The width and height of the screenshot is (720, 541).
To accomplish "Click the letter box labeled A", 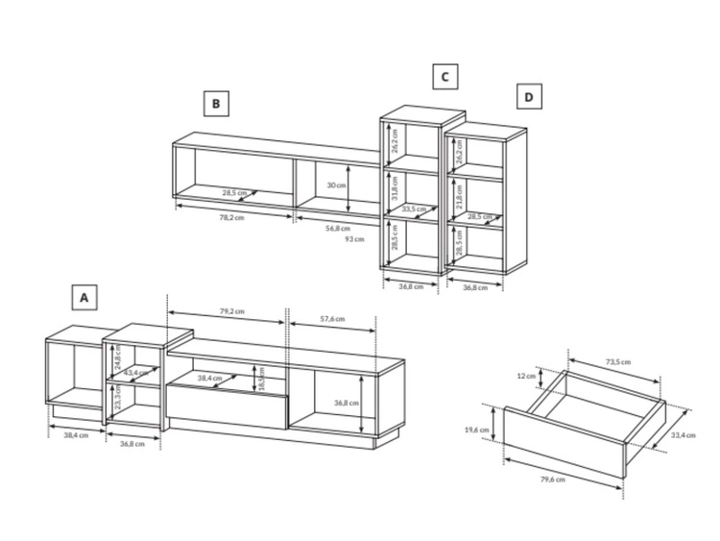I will [x=84, y=297].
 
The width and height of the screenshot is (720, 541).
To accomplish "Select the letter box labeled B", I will [x=216, y=104].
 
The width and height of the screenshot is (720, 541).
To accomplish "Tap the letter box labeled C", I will [x=444, y=77].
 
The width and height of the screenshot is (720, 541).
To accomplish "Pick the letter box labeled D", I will [x=528, y=97].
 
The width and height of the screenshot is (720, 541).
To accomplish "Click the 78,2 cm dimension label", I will [x=232, y=217].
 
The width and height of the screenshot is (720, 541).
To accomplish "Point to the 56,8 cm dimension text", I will [x=337, y=228].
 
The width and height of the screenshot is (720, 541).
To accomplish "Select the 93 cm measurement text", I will [x=354, y=238].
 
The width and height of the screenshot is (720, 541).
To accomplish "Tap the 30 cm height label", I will [x=336, y=184].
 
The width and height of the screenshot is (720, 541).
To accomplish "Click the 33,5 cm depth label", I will [x=414, y=209].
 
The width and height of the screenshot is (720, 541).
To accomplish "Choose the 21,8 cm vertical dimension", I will [x=460, y=196].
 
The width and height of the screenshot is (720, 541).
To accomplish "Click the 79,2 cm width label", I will [x=231, y=311].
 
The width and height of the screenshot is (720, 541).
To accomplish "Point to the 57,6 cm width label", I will [x=331, y=319].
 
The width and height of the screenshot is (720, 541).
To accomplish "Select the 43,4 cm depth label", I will [x=137, y=372].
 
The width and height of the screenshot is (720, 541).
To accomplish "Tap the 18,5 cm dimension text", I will [x=261, y=377].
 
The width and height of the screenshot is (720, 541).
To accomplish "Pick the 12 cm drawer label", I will [x=526, y=376].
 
